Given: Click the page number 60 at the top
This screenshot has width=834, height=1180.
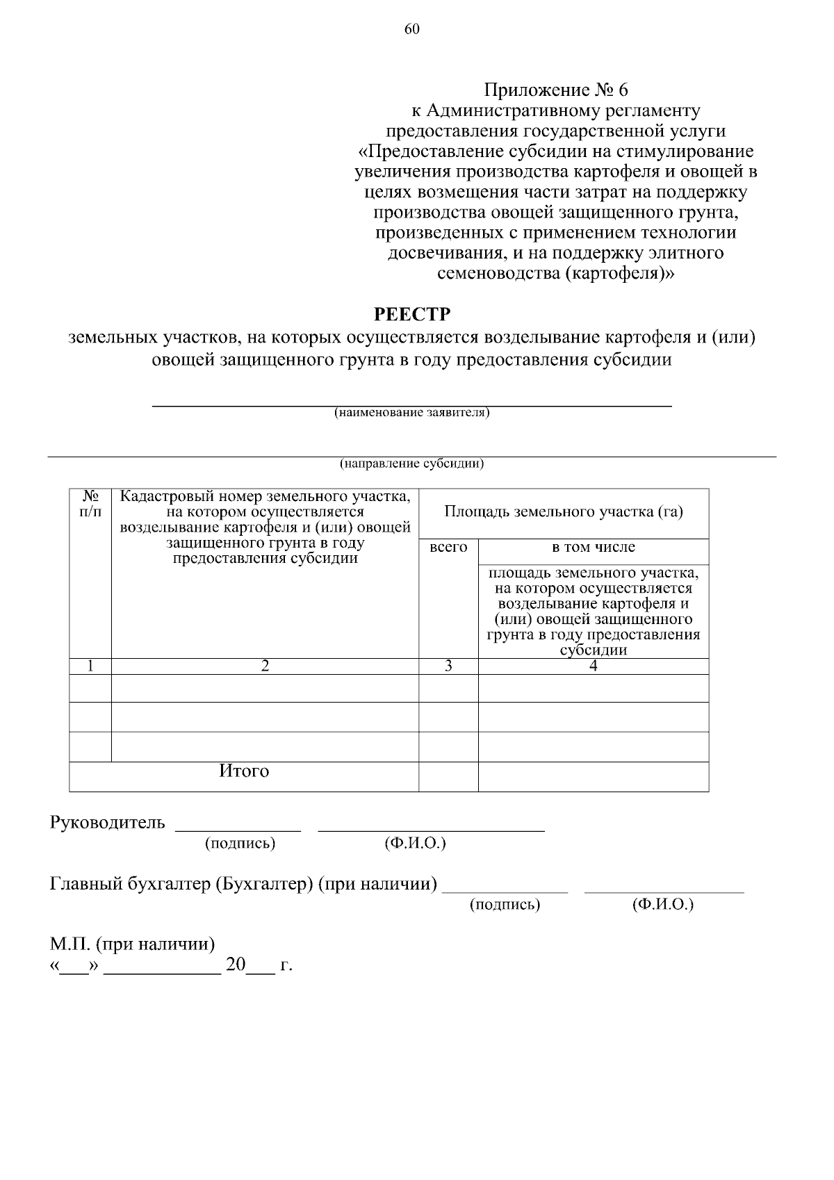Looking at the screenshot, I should point(411,28).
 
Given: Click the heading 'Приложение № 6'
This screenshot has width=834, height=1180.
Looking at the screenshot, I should point(555,90).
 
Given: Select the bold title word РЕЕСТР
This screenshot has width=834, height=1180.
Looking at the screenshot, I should point(412,314).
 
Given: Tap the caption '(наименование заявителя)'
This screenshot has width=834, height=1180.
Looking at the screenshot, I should point(411,413).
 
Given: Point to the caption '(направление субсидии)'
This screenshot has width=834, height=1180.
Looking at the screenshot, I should point(411,464).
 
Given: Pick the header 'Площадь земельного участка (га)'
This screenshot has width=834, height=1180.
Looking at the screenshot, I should point(563,513).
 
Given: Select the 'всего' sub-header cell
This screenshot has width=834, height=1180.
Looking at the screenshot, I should point(448,548).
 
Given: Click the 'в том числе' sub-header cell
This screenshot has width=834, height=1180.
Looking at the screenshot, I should point(593,548).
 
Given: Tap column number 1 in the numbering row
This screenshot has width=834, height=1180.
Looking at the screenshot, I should point(90,666).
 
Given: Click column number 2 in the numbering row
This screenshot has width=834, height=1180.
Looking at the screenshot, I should point(265,666).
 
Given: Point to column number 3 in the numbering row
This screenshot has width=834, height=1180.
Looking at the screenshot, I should point(448,666).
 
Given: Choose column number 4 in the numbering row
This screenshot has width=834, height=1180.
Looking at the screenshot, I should point(593,666).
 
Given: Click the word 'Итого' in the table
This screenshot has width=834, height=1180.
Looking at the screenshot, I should point(244,771).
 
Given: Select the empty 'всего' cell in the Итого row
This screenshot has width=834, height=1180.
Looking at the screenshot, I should point(448,776).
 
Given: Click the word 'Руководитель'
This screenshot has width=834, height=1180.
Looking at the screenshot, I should point(108,823).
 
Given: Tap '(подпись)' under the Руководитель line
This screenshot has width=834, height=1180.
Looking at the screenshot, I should point(240,844).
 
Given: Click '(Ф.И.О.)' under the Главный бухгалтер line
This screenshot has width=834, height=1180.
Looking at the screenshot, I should point(663,905).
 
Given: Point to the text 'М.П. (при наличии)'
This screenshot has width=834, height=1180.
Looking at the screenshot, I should point(132,944).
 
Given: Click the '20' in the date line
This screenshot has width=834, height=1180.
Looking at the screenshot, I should point(236,965).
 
